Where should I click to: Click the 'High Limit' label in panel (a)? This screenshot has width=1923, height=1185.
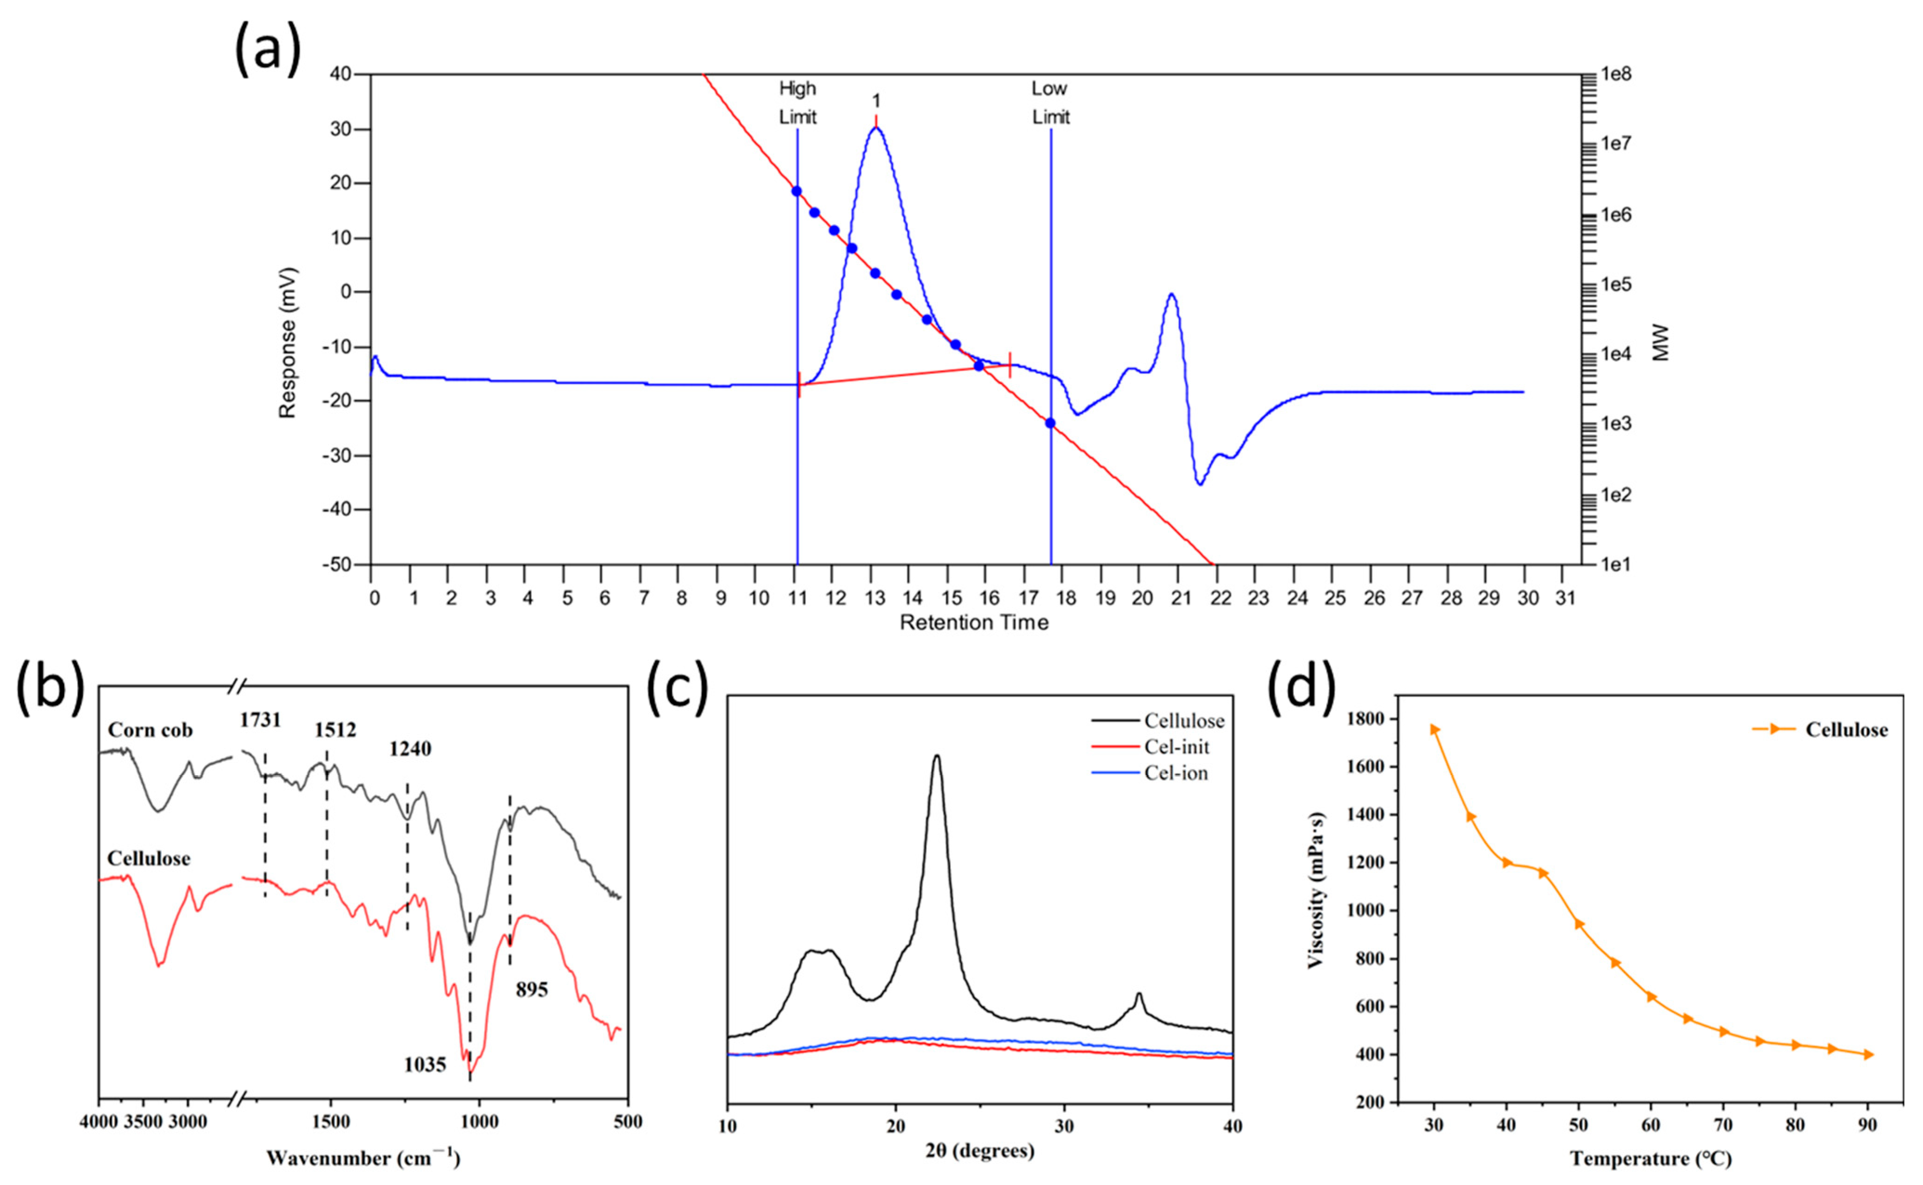coord(797,103)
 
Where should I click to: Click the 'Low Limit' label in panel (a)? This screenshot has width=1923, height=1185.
coord(1050,103)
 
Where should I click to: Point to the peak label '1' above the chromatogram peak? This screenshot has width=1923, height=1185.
coord(877,101)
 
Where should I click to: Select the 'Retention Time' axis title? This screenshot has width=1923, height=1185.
coord(974,622)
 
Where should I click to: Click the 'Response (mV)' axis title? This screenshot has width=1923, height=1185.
coord(288,343)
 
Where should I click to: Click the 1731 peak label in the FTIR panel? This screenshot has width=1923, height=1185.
coord(260,720)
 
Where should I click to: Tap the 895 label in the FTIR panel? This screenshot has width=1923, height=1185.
coord(531,990)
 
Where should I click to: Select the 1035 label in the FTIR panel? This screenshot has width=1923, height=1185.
coord(425,1064)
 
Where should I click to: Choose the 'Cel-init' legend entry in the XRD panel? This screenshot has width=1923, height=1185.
coord(1176,747)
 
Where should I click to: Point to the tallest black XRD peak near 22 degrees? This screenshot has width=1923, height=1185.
coord(936,757)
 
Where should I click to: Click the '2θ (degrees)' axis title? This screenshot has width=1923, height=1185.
coord(980,1151)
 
